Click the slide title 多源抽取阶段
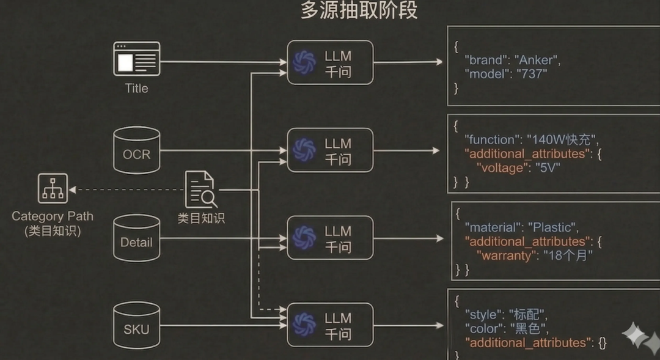[359, 10]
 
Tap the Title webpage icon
[136, 59]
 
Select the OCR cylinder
[136, 150]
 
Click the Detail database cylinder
[136, 238]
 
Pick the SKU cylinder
[136, 326]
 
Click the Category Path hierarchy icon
[53, 188]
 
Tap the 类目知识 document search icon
[200, 189]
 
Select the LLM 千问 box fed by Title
[330, 63]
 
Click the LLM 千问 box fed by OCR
[330, 150]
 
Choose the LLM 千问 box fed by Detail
[330, 238]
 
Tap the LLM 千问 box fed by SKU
[330, 325]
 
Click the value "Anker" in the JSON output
[537, 60]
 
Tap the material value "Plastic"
[552, 227]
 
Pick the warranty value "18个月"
[568, 255]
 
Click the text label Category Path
[53, 216]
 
